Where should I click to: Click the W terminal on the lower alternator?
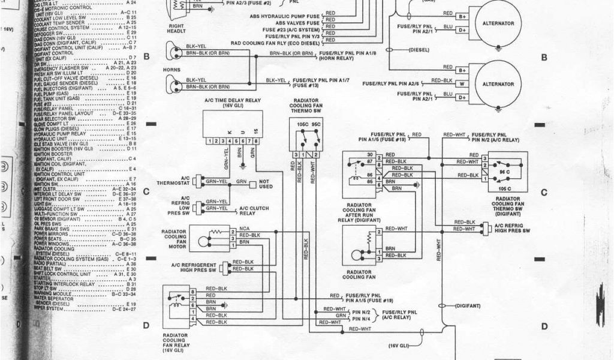462,83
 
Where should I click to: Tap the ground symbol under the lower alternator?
498,109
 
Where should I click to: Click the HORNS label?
171,69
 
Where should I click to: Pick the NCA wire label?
244,229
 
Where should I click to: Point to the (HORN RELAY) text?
336,59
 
